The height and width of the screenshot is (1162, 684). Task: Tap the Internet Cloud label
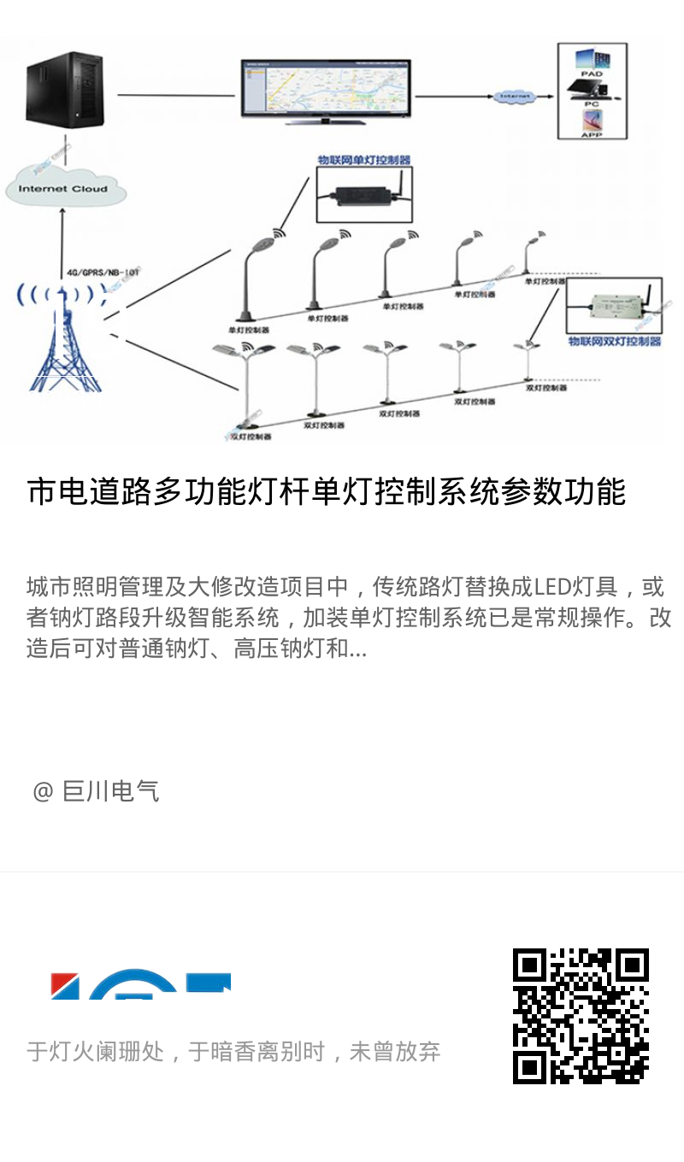pos(63,189)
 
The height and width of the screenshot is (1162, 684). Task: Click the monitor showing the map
pos(325,89)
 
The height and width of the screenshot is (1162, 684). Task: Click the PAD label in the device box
pos(592,74)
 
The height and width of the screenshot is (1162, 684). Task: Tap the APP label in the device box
pos(592,134)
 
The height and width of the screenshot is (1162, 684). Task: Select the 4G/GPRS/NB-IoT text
pos(102,273)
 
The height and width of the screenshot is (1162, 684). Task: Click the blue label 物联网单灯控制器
pos(363,160)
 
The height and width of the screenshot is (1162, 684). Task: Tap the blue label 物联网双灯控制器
pos(615,341)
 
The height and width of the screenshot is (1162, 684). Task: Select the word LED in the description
pos(555,587)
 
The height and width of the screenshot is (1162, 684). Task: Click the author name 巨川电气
pos(111,791)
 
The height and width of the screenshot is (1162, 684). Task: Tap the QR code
pos(581,1016)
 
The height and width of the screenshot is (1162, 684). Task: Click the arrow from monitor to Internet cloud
pos(453,96)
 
